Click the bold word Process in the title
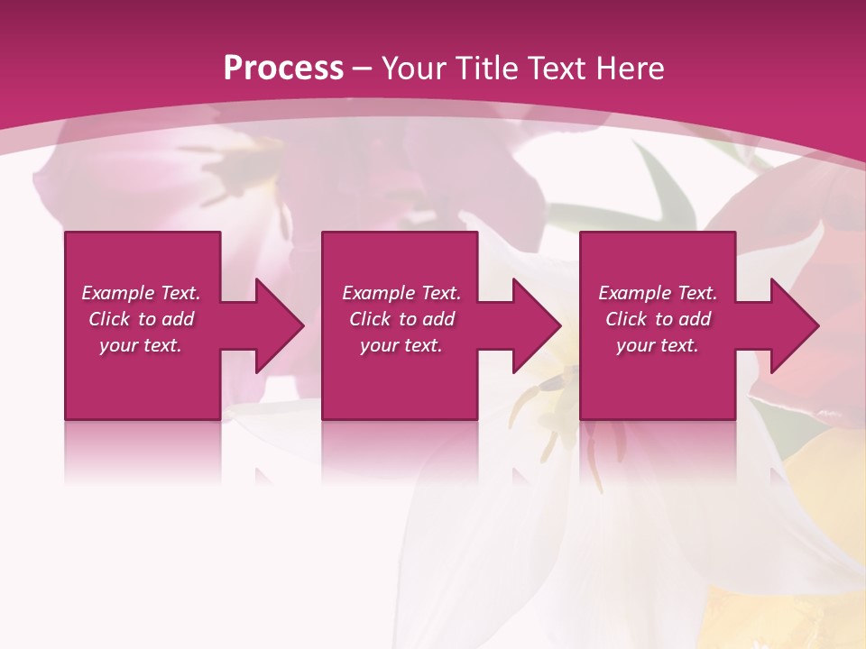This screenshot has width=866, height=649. coord(283,69)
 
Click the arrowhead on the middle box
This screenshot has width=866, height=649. coord(532,325)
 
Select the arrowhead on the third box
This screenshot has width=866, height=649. coord(790,325)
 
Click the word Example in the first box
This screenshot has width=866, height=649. coord(118,293)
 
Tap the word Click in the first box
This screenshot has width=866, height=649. coord(109,319)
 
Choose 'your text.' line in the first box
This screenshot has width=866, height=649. coord(141,345)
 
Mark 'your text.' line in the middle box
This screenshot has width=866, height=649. coord(401,345)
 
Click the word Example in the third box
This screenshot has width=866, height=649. coord(635,293)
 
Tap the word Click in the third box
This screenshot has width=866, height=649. coord(626,319)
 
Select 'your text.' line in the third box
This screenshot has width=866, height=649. coord(658,345)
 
